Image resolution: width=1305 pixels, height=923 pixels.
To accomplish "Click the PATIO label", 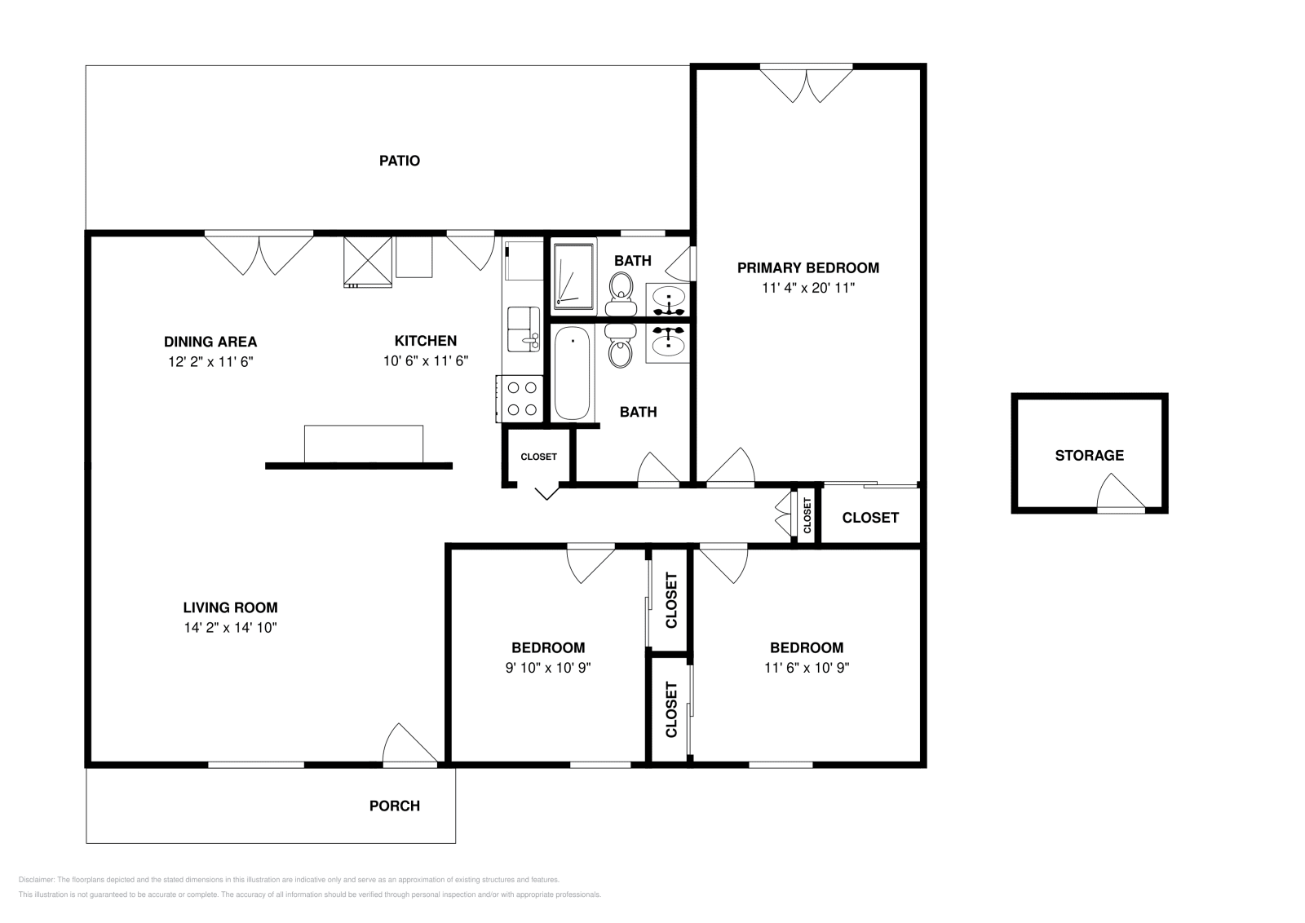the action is click(x=399, y=161).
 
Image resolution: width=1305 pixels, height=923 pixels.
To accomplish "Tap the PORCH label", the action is click(x=395, y=806).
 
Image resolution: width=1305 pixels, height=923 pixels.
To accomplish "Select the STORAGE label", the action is click(x=1090, y=456).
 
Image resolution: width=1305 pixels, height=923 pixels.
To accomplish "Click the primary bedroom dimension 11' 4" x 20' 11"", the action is click(x=808, y=288).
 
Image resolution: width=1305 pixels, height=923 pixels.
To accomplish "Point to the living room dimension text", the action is click(x=230, y=628).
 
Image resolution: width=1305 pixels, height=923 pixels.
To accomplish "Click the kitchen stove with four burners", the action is click(x=520, y=399).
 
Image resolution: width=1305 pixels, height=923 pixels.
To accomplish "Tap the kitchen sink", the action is click(x=523, y=329).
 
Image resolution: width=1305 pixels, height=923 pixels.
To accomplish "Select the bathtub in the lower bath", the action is click(x=572, y=373).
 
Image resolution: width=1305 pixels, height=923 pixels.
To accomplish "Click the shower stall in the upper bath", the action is click(x=574, y=276).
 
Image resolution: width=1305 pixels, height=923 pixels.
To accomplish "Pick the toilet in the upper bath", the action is click(x=621, y=294).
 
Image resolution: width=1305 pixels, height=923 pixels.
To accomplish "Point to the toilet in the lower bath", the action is click(x=621, y=346).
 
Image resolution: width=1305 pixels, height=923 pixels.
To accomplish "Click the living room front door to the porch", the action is click(x=409, y=744).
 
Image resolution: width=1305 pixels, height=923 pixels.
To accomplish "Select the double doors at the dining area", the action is click(x=259, y=254).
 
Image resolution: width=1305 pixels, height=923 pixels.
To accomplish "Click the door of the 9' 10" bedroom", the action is click(x=591, y=563).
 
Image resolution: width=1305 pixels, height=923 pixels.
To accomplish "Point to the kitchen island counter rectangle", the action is click(x=364, y=444).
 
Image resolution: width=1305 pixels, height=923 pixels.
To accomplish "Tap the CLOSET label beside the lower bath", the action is click(x=538, y=457).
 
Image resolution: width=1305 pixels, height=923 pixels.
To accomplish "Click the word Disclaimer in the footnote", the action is click(x=36, y=880).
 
